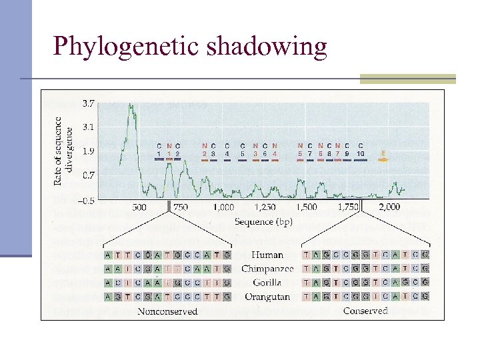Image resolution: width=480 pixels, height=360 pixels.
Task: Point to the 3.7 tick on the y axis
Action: pyautogui.click(x=87, y=103)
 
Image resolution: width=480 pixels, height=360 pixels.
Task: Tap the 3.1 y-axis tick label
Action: pyautogui.click(x=87, y=127)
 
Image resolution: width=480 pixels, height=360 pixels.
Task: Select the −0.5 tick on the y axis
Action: pyautogui.click(x=86, y=199)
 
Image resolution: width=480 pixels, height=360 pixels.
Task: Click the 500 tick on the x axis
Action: pyautogui.click(x=139, y=208)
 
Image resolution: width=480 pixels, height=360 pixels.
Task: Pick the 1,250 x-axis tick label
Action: pyautogui.click(x=265, y=208)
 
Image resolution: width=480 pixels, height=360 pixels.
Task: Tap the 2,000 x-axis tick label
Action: pyautogui.click(x=389, y=208)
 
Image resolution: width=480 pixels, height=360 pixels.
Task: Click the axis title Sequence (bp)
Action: pyautogui.click(x=263, y=222)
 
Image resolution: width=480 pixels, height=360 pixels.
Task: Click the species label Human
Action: pyautogui.click(x=267, y=255)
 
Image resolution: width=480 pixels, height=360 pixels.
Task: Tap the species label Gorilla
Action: pyautogui.click(x=267, y=283)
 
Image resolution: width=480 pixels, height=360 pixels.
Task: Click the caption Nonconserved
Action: pyautogui.click(x=167, y=312)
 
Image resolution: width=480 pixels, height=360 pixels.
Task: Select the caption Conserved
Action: pyautogui.click(x=365, y=311)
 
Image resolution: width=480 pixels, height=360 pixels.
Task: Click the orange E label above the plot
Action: pyautogui.click(x=383, y=153)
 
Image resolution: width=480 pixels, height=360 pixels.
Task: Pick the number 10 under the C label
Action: pyautogui.click(x=360, y=154)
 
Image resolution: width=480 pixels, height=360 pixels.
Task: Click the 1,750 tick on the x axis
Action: pyautogui.click(x=347, y=208)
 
